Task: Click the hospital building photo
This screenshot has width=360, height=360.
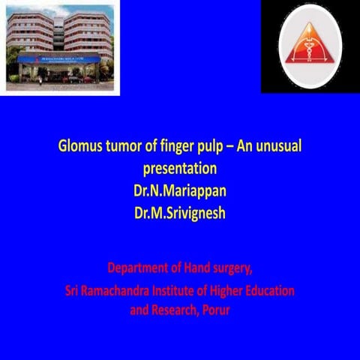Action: click(60, 47)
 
